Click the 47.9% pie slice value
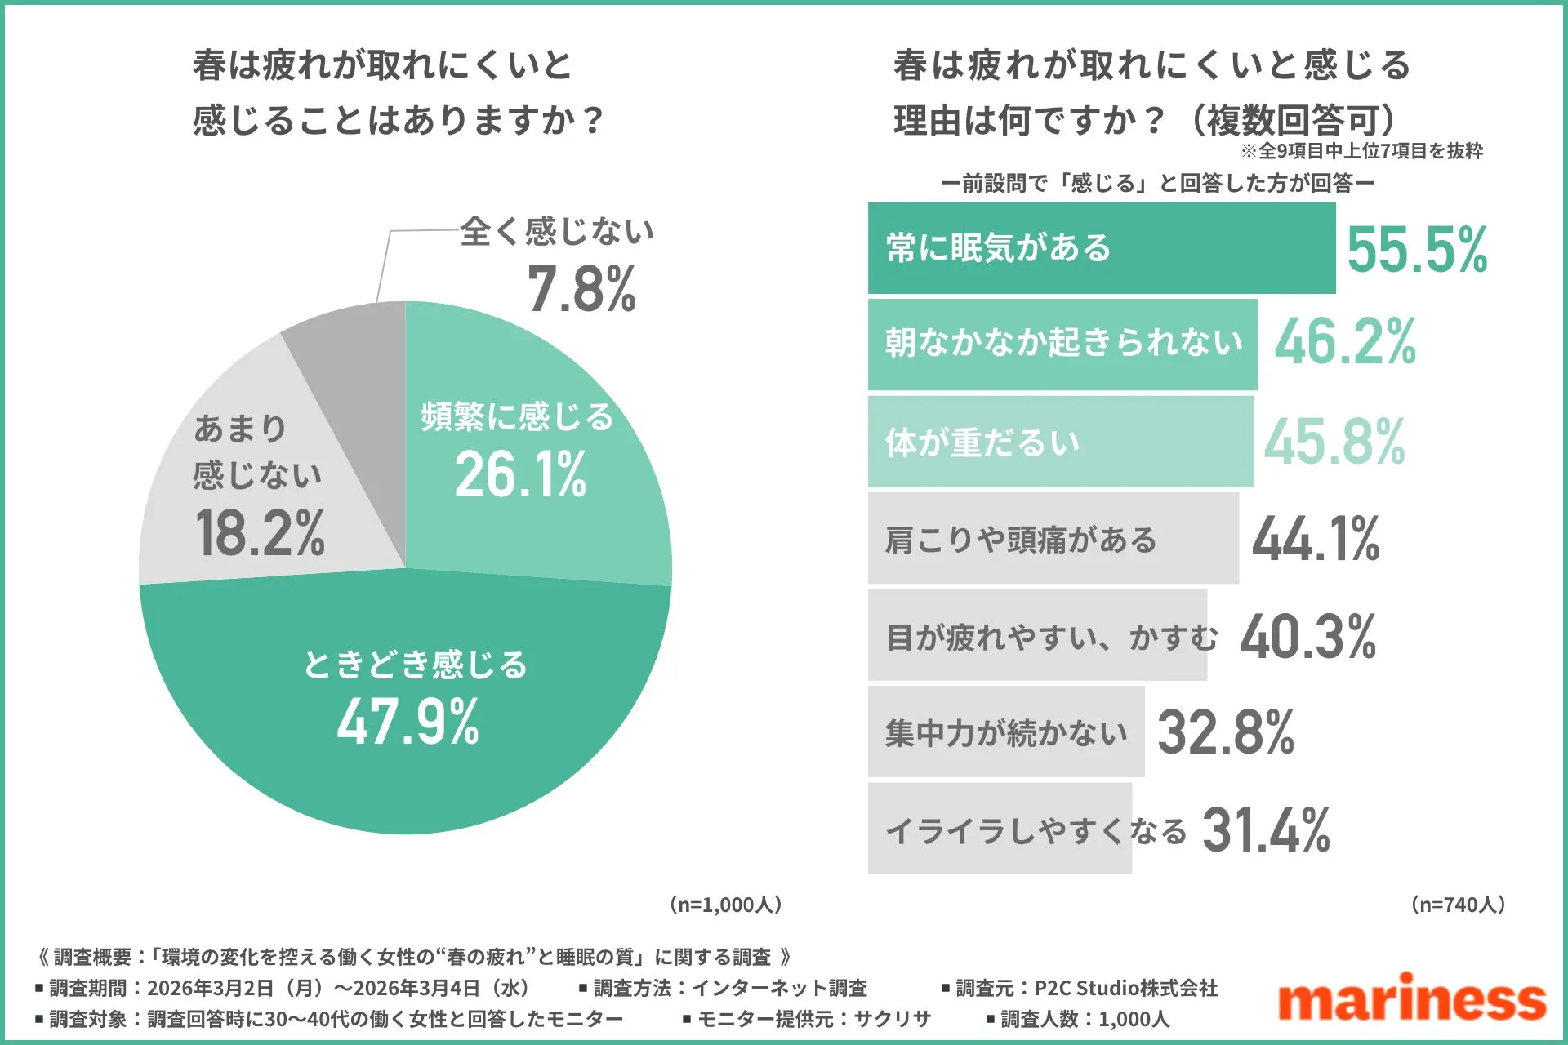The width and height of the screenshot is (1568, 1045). [408, 722]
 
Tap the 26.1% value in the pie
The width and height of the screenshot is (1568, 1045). [520, 474]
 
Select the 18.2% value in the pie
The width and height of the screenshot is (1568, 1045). [260, 532]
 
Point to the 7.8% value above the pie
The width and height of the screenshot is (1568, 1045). [581, 289]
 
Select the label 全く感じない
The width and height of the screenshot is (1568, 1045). [557, 232]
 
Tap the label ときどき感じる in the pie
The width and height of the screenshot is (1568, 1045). [415, 665]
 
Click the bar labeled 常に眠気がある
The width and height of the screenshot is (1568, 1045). [1101, 248]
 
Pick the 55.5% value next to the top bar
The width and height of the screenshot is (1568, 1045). [1417, 250]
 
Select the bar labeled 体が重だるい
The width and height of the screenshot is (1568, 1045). [1060, 442]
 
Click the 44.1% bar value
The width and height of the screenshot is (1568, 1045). [1315, 539]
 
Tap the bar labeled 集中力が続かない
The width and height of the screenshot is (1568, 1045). [1006, 732]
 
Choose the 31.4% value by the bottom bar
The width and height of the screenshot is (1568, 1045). [1266, 830]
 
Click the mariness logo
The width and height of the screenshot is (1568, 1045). [1411, 998]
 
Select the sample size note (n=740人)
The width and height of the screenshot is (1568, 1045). [1458, 905]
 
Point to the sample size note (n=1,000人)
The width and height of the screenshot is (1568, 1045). [725, 905]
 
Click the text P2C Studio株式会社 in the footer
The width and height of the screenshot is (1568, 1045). [1125, 989]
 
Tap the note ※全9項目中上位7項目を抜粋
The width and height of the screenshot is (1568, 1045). [1361, 151]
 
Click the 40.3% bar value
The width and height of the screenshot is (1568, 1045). [1307, 637]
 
